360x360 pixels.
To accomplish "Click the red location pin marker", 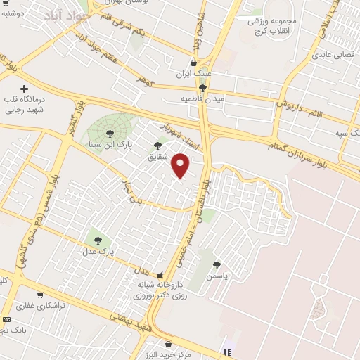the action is [x=181, y=165].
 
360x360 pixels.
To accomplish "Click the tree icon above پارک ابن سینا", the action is [x=110, y=133].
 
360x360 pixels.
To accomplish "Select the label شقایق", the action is [x=157, y=157].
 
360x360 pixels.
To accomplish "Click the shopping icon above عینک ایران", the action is [x=193, y=63].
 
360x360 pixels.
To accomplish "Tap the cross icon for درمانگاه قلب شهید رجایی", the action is [x=25, y=89].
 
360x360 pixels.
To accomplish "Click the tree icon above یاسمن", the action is [x=217, y=265].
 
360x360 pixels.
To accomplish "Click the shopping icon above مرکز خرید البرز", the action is [x=167, y=344].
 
